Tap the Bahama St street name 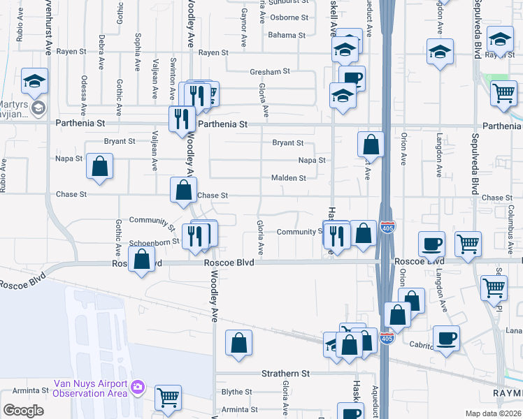coord(287,35)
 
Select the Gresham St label coord(270,71)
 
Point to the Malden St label coord(289,178)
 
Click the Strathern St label coord(285,374)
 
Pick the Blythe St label coord(236,392)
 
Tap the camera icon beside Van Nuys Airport coord(138,386)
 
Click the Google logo coord(23,411)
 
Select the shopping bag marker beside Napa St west coord(101,166)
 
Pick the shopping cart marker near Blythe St coord(168,397)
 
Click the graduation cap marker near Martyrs coord(34,82)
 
